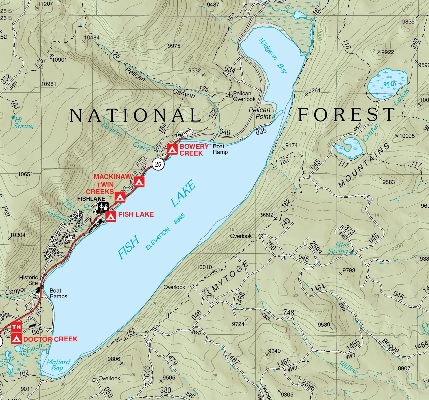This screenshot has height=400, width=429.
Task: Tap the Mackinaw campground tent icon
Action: point(139,182)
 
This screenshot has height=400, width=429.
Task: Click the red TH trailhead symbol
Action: point(16,327)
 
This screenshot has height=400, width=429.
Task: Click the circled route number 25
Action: point(158,164)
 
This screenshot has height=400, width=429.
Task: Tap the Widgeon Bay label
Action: point(273,56)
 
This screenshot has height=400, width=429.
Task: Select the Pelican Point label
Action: point(260,113)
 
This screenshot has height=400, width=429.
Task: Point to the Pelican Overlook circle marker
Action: point(231,96)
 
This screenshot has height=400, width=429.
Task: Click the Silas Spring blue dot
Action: point(352,253)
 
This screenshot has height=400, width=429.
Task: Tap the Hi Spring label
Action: point(23,123)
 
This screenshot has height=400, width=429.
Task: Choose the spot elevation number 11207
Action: point(45,4)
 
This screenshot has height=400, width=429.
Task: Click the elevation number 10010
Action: point(204,267)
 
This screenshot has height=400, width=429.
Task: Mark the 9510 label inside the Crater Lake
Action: point(389,84)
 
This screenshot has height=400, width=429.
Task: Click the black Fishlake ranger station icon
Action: point(103,207)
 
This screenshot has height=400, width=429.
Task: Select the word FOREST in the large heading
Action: point(346,115)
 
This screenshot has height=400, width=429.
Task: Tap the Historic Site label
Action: point(29,280)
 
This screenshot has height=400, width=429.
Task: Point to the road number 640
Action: point(225,132)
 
